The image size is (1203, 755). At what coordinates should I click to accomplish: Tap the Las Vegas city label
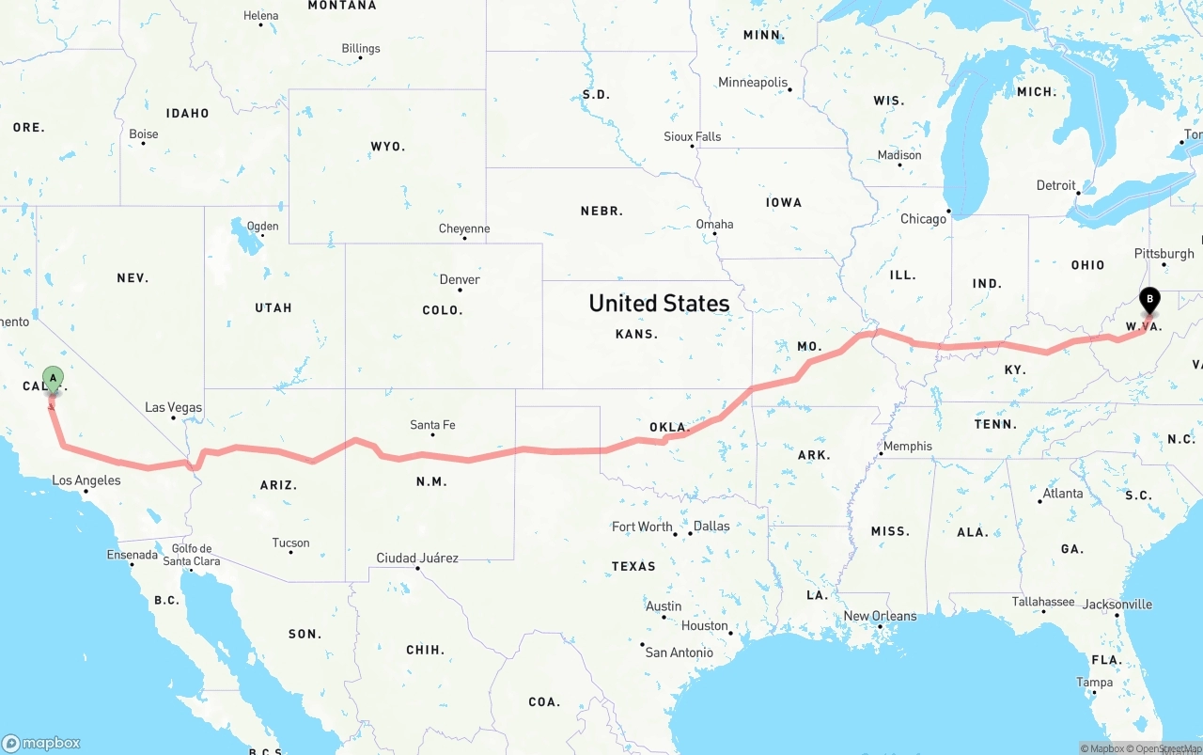(173, 407)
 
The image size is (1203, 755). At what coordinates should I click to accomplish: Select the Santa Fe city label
(432, 425)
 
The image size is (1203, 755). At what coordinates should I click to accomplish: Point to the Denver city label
(460, 279)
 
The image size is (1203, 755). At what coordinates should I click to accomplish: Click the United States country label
(659, 303)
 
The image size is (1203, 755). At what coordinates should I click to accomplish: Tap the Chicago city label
(924, 219)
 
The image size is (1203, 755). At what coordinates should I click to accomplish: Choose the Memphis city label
(908, 446)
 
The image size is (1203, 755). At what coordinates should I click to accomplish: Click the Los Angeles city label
(86, 480)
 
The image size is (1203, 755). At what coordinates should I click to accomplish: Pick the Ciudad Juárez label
(417, 558)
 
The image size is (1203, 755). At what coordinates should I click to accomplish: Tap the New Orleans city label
(880, 616)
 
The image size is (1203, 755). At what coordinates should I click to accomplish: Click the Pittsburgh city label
(1164, 253)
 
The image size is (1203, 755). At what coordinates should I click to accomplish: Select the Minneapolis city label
(753, 82)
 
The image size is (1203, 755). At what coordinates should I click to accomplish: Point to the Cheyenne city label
(464, 228)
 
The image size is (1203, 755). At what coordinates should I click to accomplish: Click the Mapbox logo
(41, 743)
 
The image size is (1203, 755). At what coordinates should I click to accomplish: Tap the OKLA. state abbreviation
(669, 427)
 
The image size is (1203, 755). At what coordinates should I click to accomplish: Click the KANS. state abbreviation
(636, 334)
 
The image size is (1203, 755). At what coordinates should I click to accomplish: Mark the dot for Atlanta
(1039, 501)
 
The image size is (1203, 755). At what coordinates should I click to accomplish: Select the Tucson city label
(290, 543)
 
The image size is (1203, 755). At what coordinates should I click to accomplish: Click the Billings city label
(361, 48)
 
